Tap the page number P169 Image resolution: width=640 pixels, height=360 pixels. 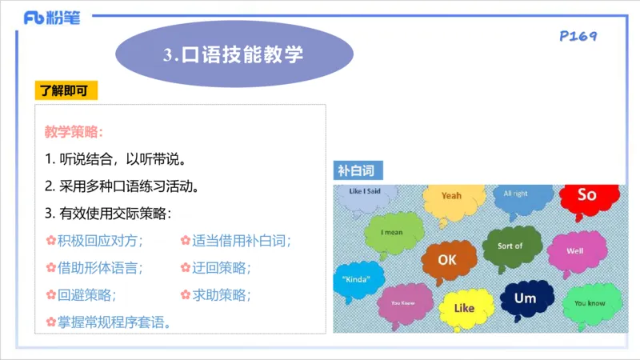click(x=578, y=36)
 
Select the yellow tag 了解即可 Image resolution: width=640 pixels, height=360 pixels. click(x=66, y=90)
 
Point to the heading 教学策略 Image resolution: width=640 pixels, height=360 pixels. click(x=74, y=131)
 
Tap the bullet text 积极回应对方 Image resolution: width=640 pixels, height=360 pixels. click(x=98, y=240)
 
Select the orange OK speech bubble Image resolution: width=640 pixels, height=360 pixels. click(x=447, y=260)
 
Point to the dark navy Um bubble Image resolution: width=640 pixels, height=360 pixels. click(x=525, y=298)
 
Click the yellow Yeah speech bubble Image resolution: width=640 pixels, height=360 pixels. click(x=452, y=197)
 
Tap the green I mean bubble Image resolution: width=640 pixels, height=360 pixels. click(x=392, y=233)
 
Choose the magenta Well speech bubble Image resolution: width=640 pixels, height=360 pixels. click(x=575, y=250)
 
